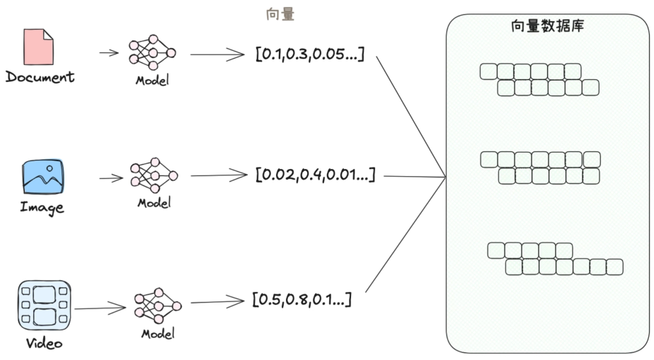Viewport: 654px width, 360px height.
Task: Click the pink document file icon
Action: [x=39, y=47]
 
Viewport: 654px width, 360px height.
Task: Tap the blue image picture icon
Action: [x=42, y=178]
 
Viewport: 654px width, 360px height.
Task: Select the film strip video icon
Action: [x=44, y=305]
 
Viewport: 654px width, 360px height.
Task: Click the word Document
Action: [x=40, y=77]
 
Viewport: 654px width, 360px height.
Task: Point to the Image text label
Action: [x=42, y=207]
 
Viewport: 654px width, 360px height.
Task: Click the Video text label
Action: [x=44, y=344]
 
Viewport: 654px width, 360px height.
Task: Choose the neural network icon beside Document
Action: [x=152, y=54]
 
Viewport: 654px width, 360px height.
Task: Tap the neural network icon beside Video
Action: [x=157, y=306]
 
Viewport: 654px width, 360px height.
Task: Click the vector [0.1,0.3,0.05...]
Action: [x=309, y=54]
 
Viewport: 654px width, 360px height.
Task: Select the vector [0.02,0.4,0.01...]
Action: [x=314, y=174]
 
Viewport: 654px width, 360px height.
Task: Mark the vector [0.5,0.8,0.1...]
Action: [x=302, y=300]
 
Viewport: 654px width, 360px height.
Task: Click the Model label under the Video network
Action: [x=158, y=333]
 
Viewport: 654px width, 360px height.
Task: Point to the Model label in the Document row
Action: [x=152, y=80]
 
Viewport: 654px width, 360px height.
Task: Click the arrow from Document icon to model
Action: [x=109, y=53]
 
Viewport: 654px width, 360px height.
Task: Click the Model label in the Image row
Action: [x=154, y=203]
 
